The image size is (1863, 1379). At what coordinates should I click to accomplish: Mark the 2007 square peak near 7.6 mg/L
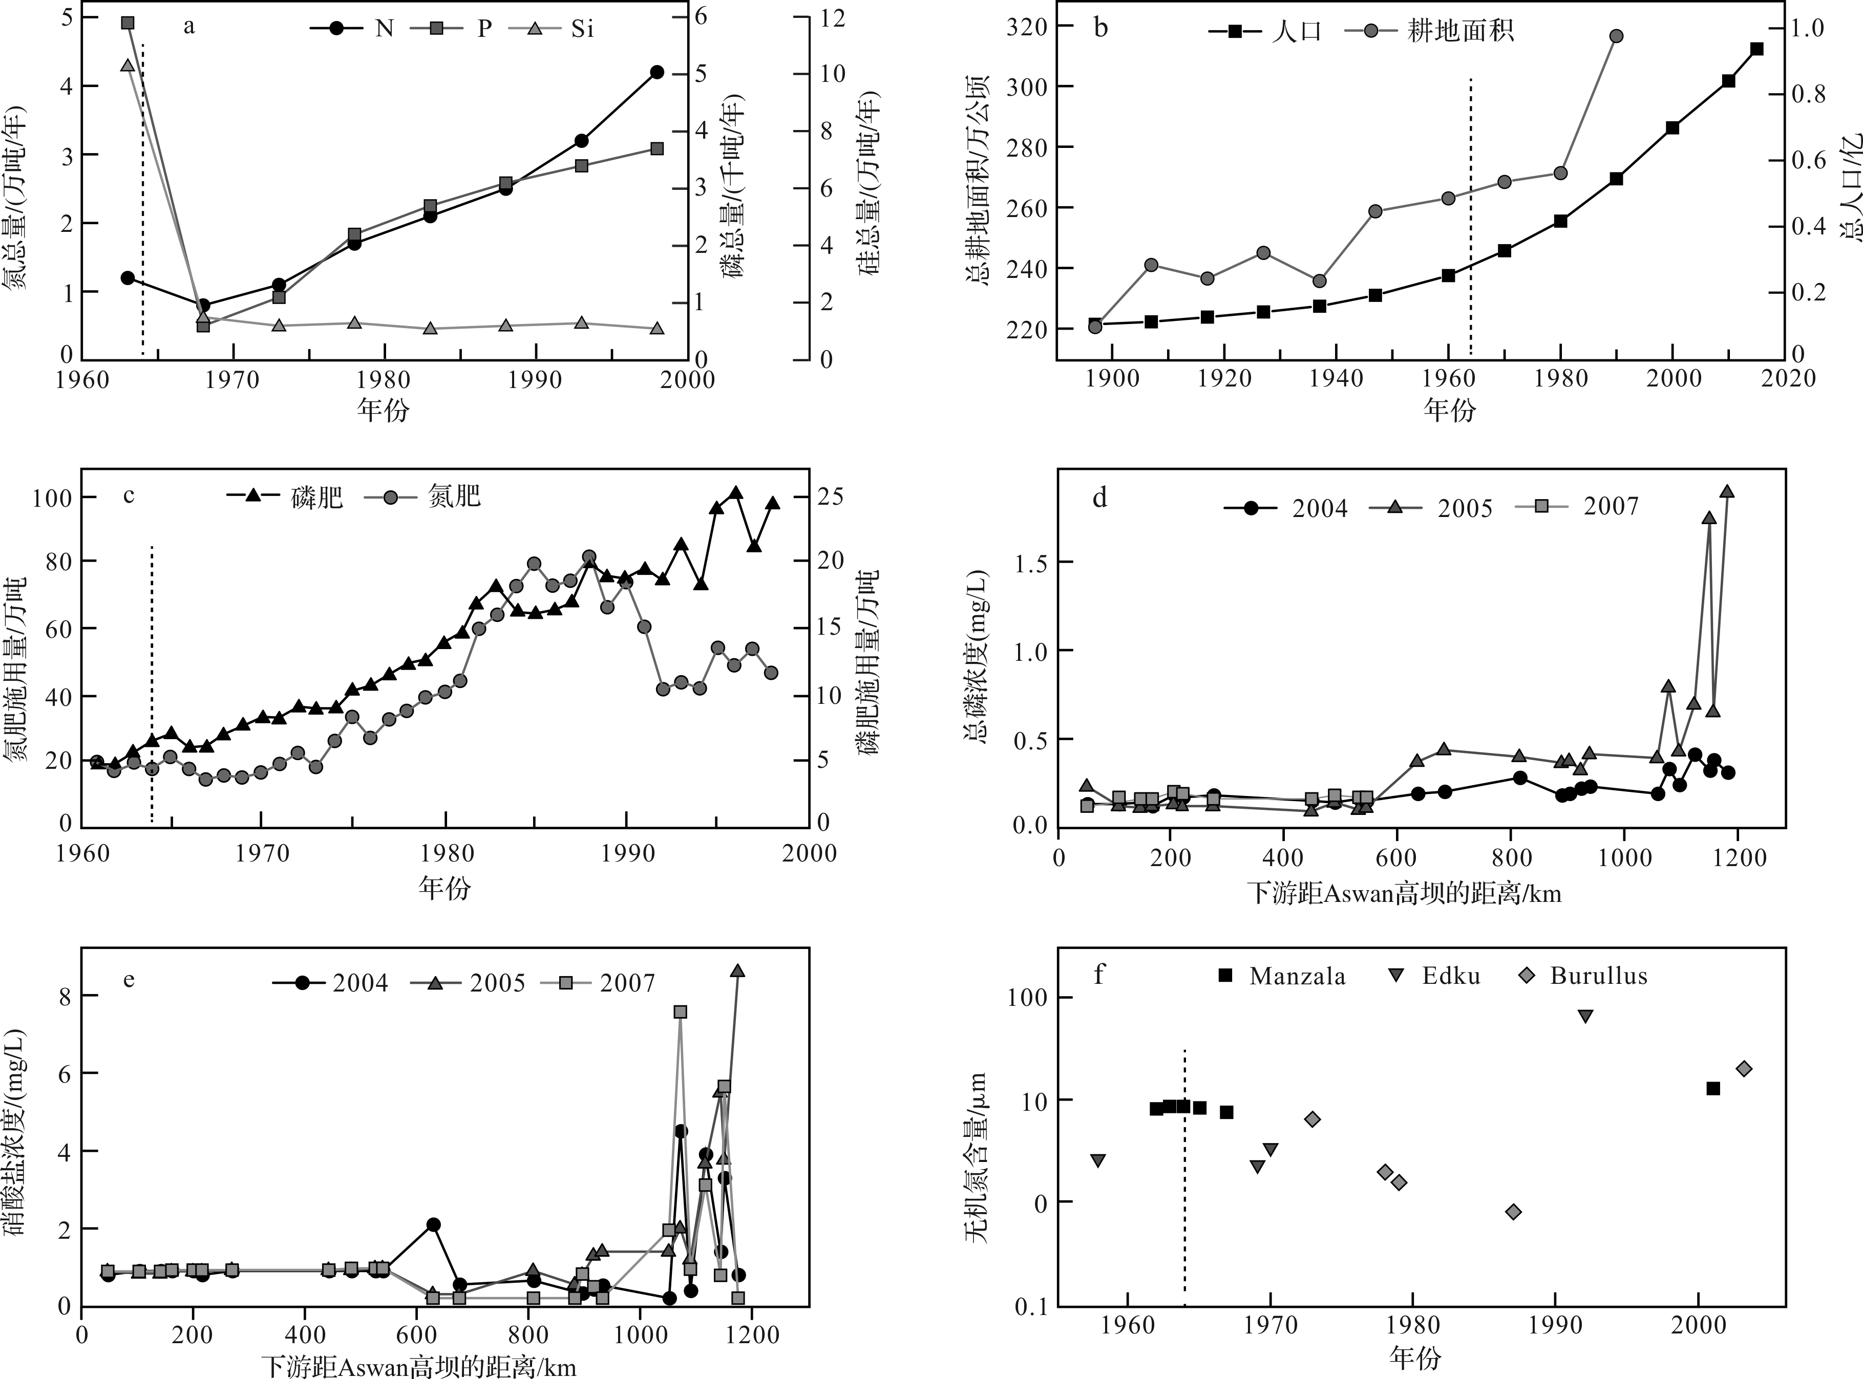pyautogui.click(x=681, y=1011)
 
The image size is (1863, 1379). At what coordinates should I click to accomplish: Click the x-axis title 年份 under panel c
pyautogui.click(x=444, y=887)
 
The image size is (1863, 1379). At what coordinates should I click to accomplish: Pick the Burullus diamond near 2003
pyautogui.click(x=1744, y=1068)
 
